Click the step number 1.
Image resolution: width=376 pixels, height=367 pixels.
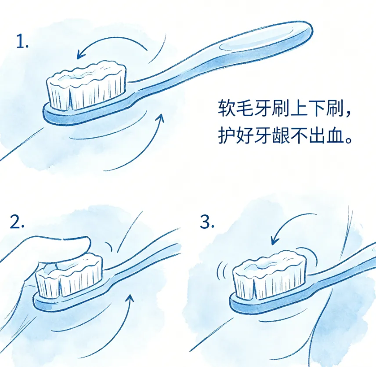[x=22, y=41]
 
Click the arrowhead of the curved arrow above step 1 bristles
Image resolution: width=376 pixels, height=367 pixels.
[x=80, y=54]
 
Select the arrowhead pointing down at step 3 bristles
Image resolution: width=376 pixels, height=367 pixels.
[x=274, y=240]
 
